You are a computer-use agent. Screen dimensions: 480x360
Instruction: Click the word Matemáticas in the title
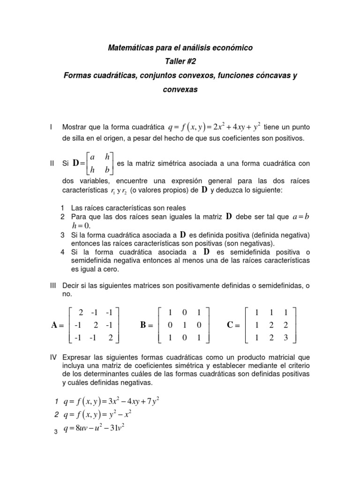pos(130,48)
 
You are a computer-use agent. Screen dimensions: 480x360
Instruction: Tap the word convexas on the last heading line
pos(180,89)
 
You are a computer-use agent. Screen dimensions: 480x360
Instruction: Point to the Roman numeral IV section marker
pos(53,357)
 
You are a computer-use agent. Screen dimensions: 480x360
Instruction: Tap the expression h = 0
pos(80,226)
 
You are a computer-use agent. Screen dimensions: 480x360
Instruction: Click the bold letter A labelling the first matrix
pos(55,325)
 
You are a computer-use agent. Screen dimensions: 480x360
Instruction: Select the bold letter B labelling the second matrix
pos(144,325)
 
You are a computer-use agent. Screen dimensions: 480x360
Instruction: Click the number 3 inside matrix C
pos(285,337)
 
